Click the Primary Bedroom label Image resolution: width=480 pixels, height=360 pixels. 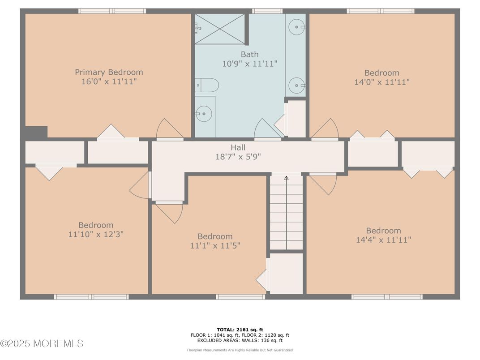[x=109, y=72]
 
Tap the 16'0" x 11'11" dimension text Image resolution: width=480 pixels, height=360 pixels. [x=109, y=81]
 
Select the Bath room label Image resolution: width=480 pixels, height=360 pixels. [x=249, y=55]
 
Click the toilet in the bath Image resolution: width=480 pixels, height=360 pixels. [x=207, y=85]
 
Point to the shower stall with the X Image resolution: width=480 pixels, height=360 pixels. [x=220, y=29]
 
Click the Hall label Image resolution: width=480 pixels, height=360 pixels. [x=238, y=148]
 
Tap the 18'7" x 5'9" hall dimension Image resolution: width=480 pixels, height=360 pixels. [x=238, y=157]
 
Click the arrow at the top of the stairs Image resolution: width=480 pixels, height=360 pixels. [x=286, y=178]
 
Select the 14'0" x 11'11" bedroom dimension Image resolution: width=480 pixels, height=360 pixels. [x=382, y=82]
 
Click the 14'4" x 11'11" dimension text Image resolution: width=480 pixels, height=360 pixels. [x=383, y=240]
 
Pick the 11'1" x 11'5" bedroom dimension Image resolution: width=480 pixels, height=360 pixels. [x=215, y=245]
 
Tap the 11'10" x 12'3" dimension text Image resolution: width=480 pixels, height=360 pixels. [x=96, y=235]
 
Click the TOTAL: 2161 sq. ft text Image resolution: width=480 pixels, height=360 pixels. [x=240, y=330]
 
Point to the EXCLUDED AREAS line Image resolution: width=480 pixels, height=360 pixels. [x=240, y=340]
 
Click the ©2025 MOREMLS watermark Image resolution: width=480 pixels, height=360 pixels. [x=42, y=343]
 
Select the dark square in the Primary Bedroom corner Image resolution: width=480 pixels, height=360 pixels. [x=36, y=132]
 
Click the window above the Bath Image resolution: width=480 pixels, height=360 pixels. [x=267, y=11]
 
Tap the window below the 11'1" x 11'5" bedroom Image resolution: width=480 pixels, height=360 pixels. [x=240, y=296]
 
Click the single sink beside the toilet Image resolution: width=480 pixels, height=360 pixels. [x=204, y=114]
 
